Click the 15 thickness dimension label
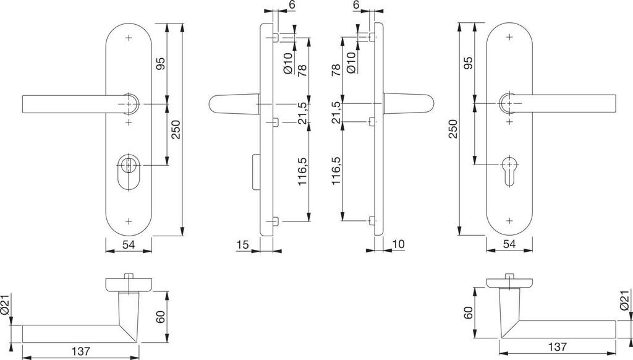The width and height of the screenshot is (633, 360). coord(242,245)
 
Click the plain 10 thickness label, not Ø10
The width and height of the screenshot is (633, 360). coord(398,245)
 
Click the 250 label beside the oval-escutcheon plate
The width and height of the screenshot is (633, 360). coord(176,129)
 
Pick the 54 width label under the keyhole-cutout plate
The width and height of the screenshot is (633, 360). coord(509,245)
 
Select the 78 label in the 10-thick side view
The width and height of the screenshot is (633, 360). coord(336,69)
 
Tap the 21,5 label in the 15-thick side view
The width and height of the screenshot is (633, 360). coord(302,113)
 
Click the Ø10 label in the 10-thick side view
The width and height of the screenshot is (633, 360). coord(351,62)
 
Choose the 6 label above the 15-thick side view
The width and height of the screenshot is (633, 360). coord(291,5)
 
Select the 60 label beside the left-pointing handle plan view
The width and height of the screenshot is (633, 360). coord(159,317)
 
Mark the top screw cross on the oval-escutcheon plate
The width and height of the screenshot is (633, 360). coord(129,38)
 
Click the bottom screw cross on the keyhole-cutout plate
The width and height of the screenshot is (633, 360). coord(509,220)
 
